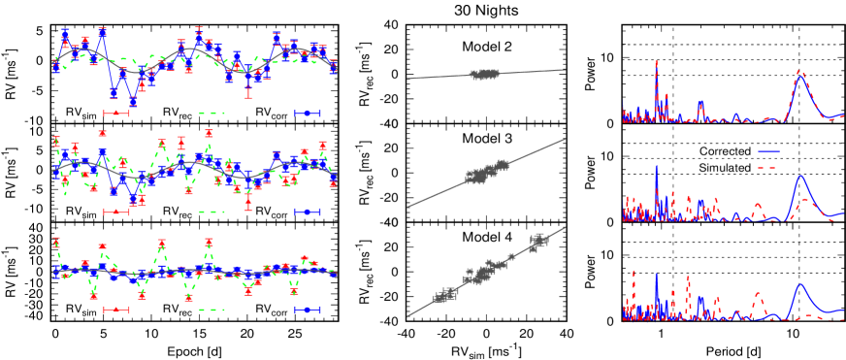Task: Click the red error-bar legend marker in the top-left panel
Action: [116, 114]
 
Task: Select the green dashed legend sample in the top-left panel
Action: [211, 114]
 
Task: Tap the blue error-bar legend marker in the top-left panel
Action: [308, 114]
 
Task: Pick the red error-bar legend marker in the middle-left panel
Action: [116, 212]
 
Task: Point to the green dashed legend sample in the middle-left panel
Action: [211, 212]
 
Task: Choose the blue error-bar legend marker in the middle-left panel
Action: [308, 212]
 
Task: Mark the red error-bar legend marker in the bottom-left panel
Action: [116, 310]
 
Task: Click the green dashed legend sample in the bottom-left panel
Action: [211, 310]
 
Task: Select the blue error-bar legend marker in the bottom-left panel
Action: [308, 310]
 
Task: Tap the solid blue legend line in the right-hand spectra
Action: [768, 151]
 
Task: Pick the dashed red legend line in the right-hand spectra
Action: [768, 168]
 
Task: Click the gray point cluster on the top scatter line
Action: [484, 74]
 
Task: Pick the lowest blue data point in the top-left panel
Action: [133, 101]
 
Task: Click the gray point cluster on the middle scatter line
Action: [485, 173]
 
